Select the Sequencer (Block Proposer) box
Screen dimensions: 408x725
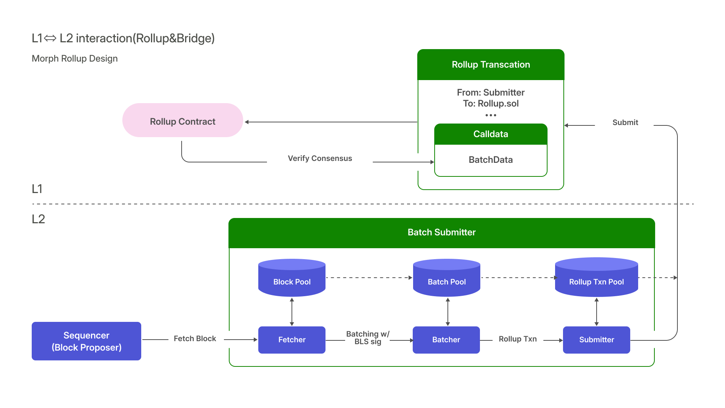86,341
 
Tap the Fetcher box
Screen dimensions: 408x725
292,340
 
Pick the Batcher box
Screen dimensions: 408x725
446,340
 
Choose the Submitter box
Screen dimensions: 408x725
596,340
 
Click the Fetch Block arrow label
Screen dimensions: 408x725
195,338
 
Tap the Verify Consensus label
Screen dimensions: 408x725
320,158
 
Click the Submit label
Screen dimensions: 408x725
625,122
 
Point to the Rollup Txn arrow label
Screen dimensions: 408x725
517,339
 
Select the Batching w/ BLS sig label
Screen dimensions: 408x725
368,338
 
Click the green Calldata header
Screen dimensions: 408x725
491,134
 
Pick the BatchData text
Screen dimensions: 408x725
491,160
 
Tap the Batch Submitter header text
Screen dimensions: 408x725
441,232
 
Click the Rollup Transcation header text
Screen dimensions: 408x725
491,65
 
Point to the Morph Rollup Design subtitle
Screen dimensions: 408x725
75,59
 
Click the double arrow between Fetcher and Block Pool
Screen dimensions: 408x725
292,312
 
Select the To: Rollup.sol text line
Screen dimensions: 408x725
491,104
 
